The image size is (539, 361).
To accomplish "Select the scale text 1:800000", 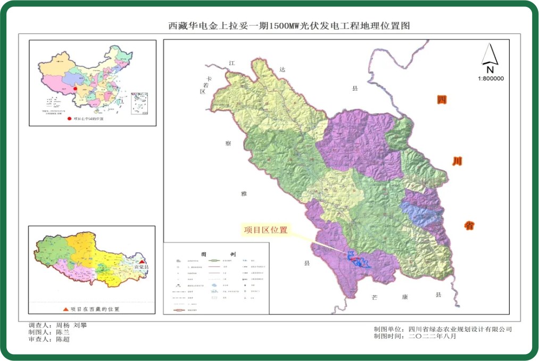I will coord(491,78).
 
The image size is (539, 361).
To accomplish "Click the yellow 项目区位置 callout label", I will coord(266,230).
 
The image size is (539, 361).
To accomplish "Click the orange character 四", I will coord(442,100).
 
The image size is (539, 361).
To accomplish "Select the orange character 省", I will coord(469,225).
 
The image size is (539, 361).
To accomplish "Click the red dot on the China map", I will coord(76,90).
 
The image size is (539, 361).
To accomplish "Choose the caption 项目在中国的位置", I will coord(88,119).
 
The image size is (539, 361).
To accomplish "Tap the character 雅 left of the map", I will coord(243,194).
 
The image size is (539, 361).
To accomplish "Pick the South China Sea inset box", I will coord(139,103).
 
